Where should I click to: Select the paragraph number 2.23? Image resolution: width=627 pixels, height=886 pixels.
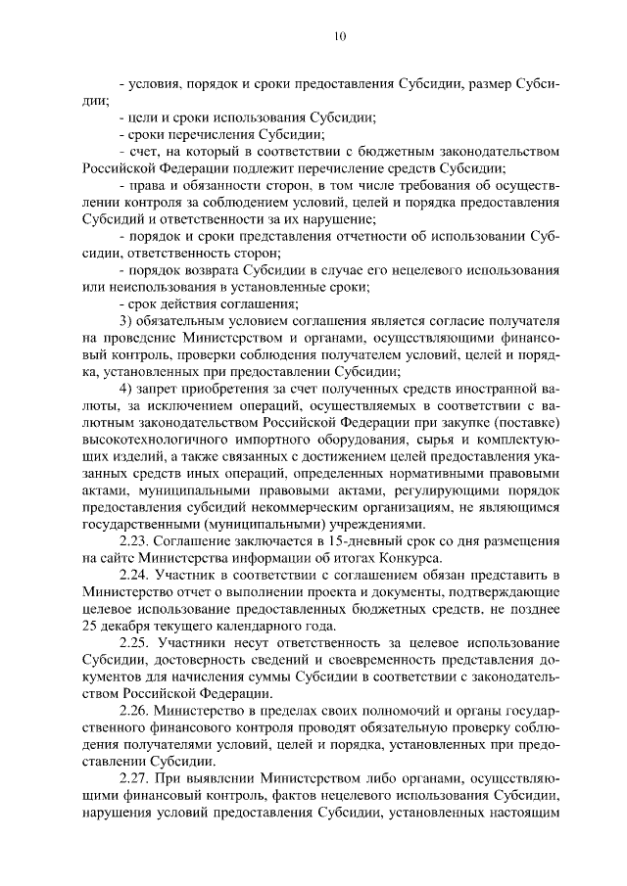134,542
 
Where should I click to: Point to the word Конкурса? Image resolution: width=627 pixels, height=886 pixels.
416,560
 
